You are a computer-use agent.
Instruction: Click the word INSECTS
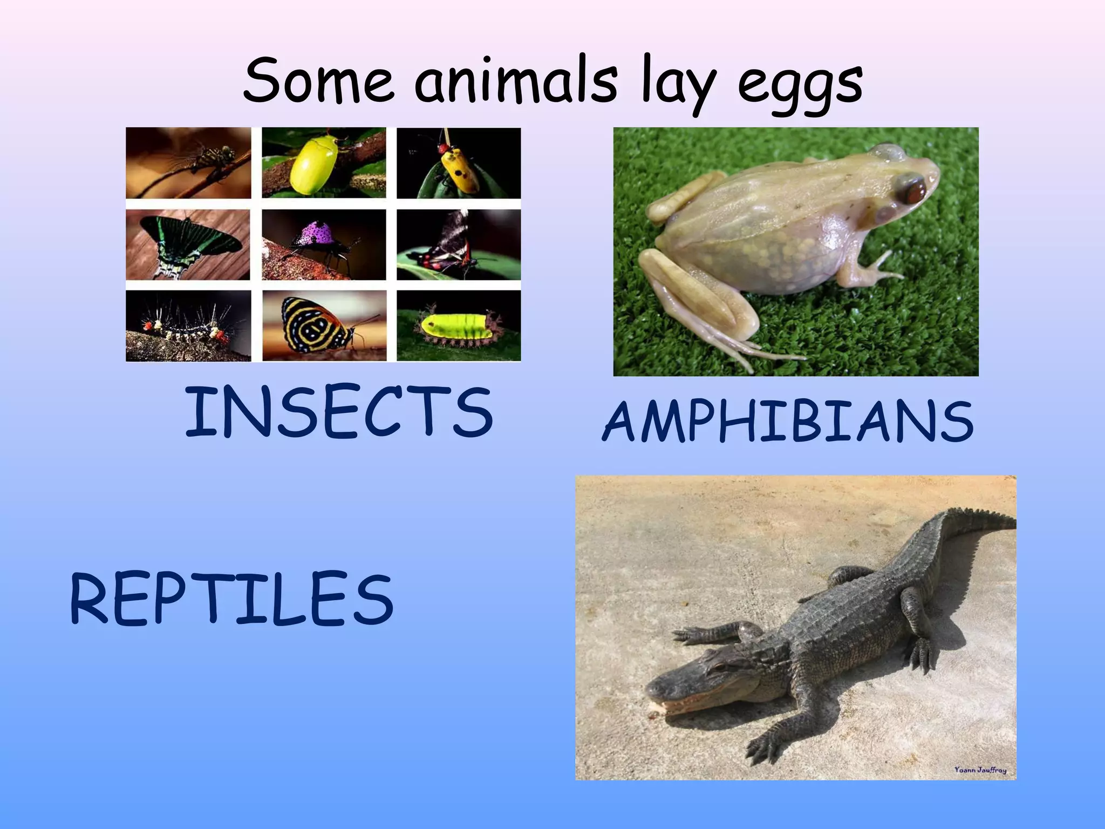pyautogui.click(x=339, y=412)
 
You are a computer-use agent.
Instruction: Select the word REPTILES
pyautogui.click(x=232, y=600)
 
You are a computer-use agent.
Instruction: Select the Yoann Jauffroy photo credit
pyautogui.click(x=980, y=770)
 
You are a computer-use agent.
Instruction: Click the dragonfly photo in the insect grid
pyautogui.click(x=188, y=163)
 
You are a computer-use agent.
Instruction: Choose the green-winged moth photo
pyautogui.click(x=188, y=244)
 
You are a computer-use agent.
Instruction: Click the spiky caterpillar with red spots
pyautogui.click(x=188, y=326)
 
